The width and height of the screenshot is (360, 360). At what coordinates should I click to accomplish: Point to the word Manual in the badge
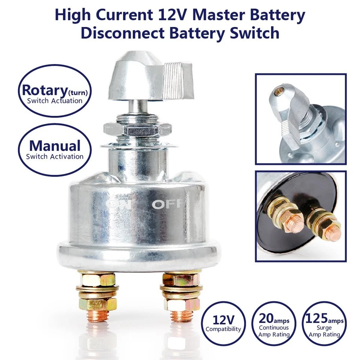[x=55, y=146]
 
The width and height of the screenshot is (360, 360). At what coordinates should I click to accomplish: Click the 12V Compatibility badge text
[x=223, y=323]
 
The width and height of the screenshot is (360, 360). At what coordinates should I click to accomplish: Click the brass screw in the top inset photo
[x=279, y=91]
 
